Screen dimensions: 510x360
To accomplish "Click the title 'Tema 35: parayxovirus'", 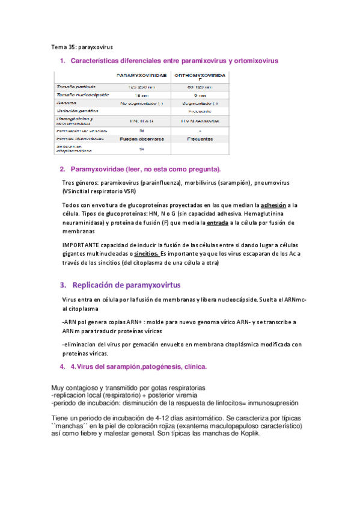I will coord(82,46).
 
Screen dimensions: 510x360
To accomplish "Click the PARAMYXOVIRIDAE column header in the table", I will coord(142,76).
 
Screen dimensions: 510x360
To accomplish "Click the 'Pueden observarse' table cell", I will coord(142,138).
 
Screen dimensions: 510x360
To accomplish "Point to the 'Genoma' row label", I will coord(67,103).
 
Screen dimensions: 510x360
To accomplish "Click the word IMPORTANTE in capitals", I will coord(82,245).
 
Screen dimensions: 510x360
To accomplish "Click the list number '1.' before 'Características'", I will coord(63,61).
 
